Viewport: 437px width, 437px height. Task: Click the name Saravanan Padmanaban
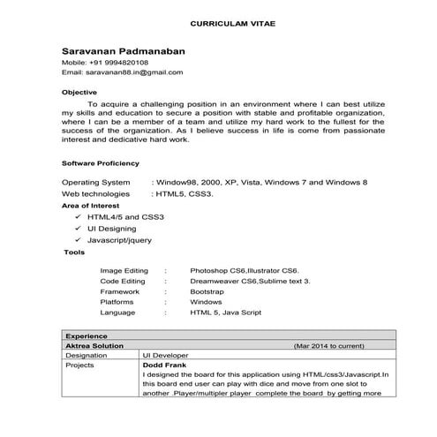124,51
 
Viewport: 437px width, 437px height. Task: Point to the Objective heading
79,92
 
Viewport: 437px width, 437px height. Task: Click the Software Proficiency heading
101,164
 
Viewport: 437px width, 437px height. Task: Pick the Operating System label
96,181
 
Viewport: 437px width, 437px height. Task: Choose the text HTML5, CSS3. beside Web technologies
184,192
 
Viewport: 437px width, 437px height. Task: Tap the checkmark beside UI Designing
78,228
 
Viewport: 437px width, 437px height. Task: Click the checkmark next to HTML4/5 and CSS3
78,216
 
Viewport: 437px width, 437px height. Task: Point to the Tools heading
75,252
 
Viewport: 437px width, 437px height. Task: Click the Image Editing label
124,270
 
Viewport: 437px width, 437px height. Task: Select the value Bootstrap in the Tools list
207,291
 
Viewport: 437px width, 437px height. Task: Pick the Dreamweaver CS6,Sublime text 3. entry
250,281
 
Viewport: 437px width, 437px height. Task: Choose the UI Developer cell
166,355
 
